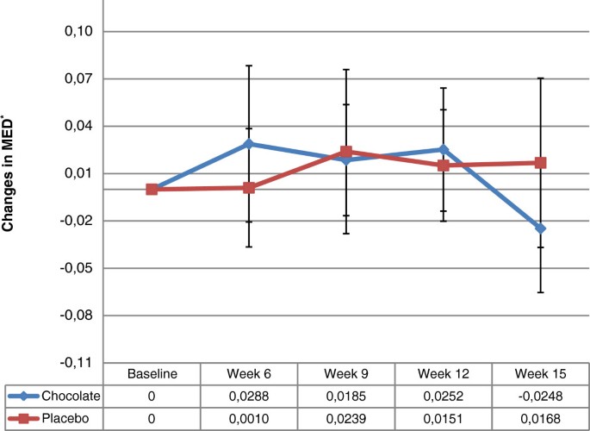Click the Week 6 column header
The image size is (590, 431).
(249, 374)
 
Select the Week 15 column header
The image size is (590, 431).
(541, 374)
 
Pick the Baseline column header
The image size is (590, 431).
(152, 374)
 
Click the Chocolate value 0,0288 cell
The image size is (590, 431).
(249, 396)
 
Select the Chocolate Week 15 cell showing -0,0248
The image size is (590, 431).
(541, 396)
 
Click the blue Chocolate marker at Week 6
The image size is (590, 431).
(249, 144)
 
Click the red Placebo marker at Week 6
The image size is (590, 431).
(249, 187)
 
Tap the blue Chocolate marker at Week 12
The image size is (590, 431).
(444, 149)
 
